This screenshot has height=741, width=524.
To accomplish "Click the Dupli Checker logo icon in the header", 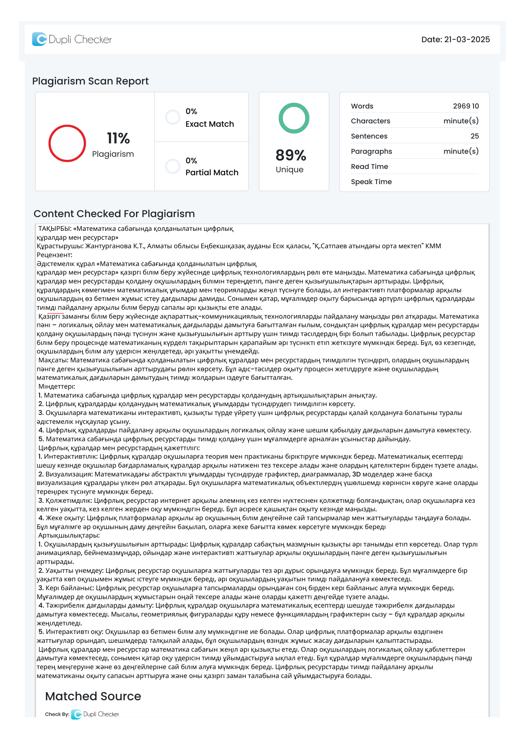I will tap(39, 39).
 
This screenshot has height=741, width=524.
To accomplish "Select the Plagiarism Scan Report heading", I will tap(90, 81).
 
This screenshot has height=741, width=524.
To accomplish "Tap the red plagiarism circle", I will tap(67, 143).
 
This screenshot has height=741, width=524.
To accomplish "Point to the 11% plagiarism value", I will tap(118, 139).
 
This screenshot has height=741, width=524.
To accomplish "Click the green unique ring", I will tap(294, 118).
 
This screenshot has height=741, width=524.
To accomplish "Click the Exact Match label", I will tap(210, 124).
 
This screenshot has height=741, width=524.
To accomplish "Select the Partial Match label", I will tap(212, 173).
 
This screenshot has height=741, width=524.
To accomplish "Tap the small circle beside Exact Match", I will tap(173, 117).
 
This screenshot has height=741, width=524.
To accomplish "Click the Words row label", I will tap(362, 106).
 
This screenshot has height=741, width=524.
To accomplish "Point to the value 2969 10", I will tap(465, 106).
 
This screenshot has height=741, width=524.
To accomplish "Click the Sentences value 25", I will tap(474, 136).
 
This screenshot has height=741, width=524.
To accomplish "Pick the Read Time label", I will tap(369, 167).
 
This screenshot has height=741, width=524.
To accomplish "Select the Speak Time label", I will tap(371, 182).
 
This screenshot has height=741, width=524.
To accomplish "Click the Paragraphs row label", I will tap(371, 152).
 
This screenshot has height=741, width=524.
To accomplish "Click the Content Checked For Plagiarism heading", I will tap(114, 214).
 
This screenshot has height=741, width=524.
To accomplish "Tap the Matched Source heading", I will tap(93, 696).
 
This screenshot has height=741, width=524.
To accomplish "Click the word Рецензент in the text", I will tap(54, 255).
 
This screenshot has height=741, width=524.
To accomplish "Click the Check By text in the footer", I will tap(57, 714).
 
